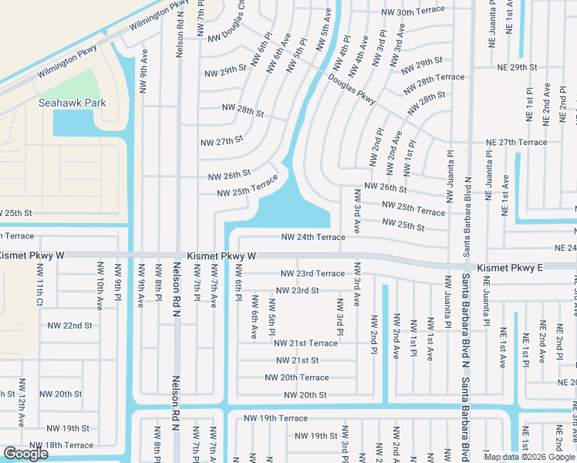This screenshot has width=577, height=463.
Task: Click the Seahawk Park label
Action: point(73,103)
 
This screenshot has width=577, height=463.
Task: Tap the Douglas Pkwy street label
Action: point(351,90)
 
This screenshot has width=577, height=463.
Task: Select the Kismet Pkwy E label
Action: point(510,268)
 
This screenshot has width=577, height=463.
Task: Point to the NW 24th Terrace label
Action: point(312,237)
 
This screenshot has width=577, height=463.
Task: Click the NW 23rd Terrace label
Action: point(312,273)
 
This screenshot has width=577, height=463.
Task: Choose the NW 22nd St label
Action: point(67,326)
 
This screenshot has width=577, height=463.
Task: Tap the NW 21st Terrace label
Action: point(306,343)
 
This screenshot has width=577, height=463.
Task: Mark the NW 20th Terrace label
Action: point(296,377)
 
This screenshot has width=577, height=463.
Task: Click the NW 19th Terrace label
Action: point(275,417)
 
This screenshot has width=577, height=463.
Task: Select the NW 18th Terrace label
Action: point(61,445)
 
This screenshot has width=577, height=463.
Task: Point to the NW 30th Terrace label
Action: point(413,11)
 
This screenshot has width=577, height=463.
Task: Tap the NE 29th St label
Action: point(517,68)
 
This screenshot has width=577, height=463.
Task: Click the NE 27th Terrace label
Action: point(516,142)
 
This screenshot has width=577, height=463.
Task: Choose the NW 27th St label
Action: point(222,141)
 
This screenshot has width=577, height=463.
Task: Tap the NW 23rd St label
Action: point(298,290)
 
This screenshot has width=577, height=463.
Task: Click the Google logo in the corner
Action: point(25,454)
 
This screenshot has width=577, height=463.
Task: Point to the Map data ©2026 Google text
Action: point(529,457)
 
